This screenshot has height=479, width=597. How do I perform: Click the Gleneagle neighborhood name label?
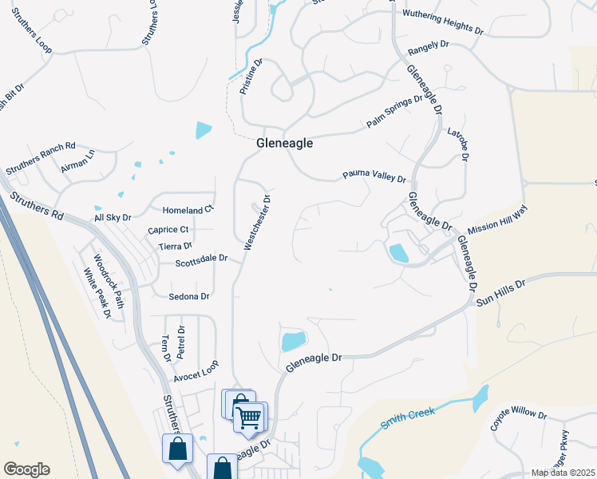[x=284, y=144]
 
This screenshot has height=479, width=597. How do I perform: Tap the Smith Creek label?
[x=406, y=419]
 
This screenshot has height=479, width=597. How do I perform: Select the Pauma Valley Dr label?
[x=374, y=175]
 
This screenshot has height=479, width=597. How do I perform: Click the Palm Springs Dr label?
[x=394, y=112]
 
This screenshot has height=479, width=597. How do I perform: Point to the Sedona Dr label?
[x=189, y=296]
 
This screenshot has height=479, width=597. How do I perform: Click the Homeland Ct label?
[x=188, y=209]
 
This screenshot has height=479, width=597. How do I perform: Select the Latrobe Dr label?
[x=459, y=144]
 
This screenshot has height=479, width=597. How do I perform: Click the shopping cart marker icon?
[x=250, y=416]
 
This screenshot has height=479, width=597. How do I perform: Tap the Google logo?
[x=26, y=469]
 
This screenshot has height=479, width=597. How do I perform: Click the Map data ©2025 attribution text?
[x=563, y=473]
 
